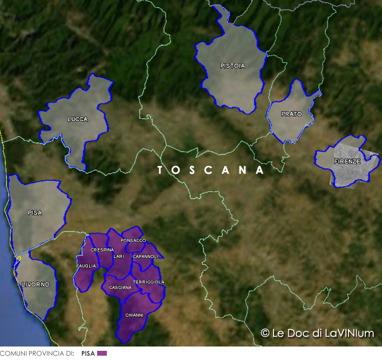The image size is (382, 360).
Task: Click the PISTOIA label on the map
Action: click(233, 66)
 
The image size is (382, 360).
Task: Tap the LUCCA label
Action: click(77, 119)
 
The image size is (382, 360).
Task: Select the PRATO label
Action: click(291, 114)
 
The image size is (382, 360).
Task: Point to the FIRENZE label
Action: click(347, 161)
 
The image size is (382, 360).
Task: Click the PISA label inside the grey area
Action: click(35, 213)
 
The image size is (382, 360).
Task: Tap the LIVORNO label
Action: click(36, 284)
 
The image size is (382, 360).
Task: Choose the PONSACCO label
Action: click(133, 240)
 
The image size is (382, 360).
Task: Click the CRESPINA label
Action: click(102, 250)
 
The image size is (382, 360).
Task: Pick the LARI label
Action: click(119, 256)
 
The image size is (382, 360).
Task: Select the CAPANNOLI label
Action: click(146, 256)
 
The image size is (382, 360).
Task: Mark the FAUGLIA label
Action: click(86, 266)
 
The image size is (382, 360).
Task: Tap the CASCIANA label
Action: click(120, 287)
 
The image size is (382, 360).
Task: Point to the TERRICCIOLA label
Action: click(149, 282)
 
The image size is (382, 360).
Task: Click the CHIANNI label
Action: click(134, 315)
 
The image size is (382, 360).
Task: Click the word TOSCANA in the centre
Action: click(210, 170)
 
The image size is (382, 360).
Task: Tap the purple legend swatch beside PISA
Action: click(102, 354)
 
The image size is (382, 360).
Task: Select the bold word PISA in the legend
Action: click(88, 354)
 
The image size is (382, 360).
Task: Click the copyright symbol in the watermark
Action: click(265, 333)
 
